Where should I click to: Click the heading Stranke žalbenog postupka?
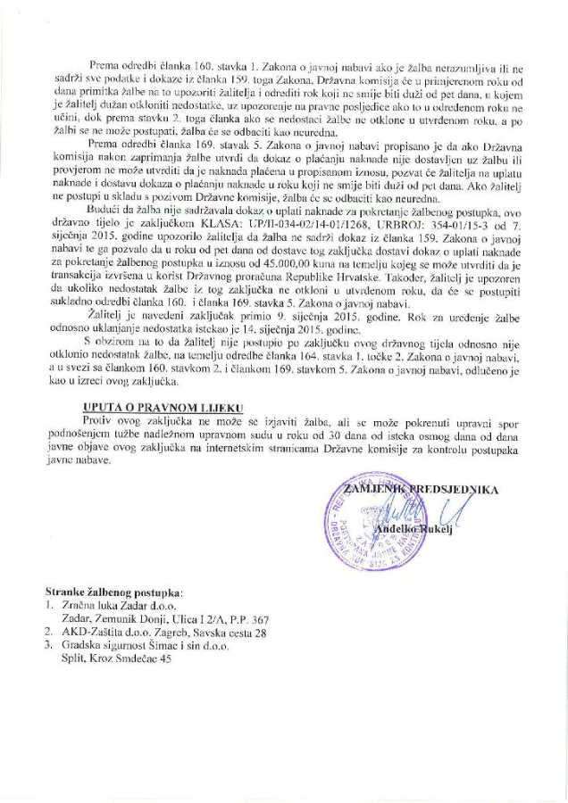click(x=114, y=592)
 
